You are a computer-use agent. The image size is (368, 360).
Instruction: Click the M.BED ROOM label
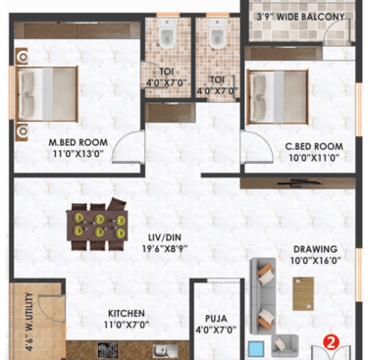pos(79,142)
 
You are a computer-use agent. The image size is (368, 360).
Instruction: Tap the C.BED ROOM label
pos(314,146)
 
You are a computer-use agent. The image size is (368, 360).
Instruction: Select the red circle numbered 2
pos(331,342)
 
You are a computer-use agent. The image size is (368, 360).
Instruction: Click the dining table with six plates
pos(97,226)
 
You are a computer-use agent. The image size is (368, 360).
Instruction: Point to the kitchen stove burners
pos(108,350)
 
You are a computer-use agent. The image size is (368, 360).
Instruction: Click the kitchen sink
pos(166,350)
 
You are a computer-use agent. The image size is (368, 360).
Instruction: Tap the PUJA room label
pos(216,319)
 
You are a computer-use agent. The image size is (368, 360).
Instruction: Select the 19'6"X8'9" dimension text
pos(165,249)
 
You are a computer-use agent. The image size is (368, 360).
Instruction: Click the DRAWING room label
pos(315,249)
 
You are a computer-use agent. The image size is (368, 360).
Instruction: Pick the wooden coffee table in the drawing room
pos(303,293)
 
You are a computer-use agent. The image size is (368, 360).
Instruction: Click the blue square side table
pos(256,349)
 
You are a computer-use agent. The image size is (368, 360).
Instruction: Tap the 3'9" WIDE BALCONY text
pos(300,17)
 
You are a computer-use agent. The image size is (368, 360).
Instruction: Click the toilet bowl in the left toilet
pos(168,34)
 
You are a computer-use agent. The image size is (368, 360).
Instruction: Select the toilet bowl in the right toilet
pos(217,33)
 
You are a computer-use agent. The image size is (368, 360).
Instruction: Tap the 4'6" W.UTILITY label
pos(29,322)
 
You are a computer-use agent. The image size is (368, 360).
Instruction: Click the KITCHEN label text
pos(127,313)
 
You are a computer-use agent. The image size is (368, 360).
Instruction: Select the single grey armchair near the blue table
pos(285,345)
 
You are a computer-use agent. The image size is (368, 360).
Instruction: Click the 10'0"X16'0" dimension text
pos(315,261)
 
